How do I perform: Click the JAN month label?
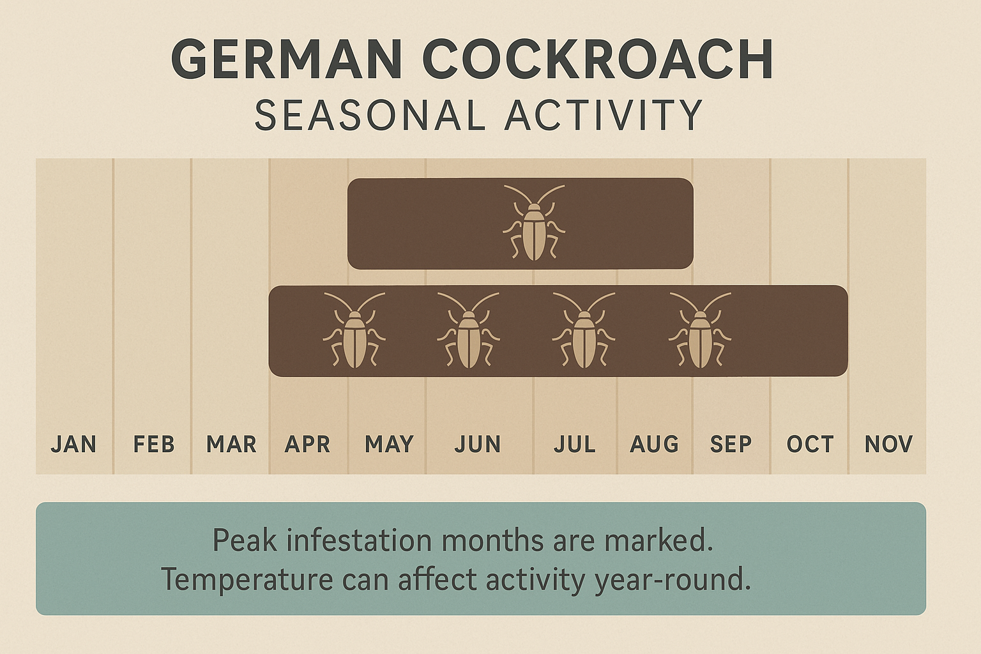[73, 444]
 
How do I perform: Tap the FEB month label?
[153, 444]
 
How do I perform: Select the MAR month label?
[231, 444]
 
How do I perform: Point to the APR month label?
[307, 444]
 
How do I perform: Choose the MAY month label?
[389, 444]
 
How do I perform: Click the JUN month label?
[477, 444]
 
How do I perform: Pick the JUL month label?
[574, 444]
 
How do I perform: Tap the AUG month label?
[654, 444]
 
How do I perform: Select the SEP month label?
[731, 444]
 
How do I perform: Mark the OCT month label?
[810, 444]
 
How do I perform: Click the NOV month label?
[888, 444]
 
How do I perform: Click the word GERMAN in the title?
[287, 59]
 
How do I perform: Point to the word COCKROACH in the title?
[598, 59]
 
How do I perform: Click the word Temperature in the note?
[247, 579]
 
